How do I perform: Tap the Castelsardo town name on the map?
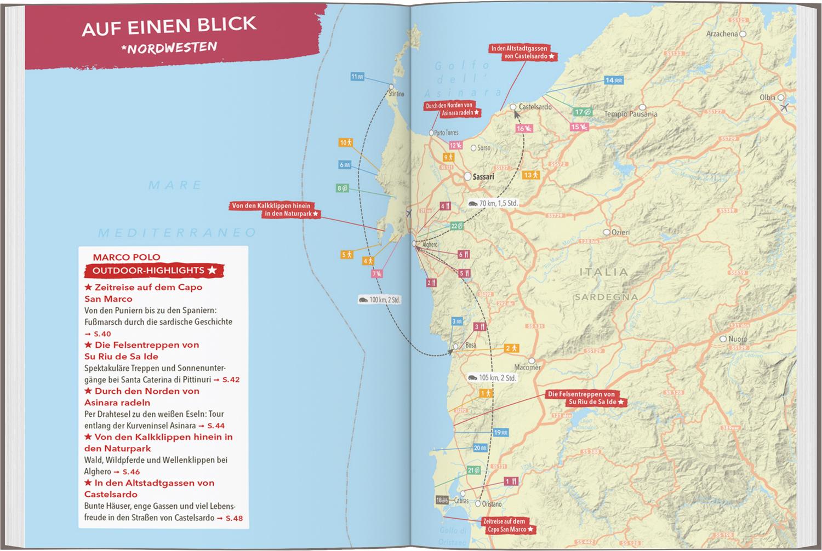[x=535, y=107]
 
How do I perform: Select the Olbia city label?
[x=767, y=97]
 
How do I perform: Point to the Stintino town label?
[x=396, y=94]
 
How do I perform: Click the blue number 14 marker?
[x=613, y=80]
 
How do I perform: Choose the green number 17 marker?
[x=582, y=112]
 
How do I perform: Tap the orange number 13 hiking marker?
[x=531, y=175]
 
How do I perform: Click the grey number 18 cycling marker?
[x=442, y=500]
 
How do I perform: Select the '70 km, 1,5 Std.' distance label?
[x=493, y=203]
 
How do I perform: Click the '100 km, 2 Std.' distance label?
[x=379, y=300]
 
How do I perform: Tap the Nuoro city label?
[x=737, y=339]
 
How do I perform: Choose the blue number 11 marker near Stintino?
[x=357, y=77]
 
